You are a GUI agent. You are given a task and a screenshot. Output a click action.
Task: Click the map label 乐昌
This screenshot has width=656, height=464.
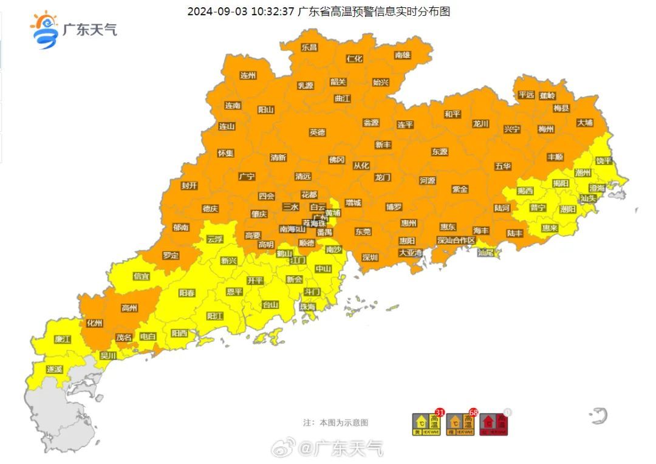tap(309, 47)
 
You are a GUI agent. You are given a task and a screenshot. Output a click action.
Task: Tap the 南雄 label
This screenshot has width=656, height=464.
tap(403, 55)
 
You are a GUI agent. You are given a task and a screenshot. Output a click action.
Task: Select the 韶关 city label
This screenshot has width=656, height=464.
tap(338, 82)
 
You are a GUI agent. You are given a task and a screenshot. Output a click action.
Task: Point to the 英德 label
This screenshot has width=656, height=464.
tap(317, 132)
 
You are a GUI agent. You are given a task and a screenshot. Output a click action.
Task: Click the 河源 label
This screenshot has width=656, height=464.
tap(428, 180)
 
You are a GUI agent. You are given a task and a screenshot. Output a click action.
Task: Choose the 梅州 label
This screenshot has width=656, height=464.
tap(546, 129)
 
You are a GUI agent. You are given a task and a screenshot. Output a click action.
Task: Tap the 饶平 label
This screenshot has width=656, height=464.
tap(604, 161)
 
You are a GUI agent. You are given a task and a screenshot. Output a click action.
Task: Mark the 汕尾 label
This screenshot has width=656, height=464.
tap(486, 252)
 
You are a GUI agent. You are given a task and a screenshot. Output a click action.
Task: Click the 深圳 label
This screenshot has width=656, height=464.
tap(370, 257)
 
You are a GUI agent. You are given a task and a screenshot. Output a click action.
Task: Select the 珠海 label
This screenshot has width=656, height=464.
tap(307, 307)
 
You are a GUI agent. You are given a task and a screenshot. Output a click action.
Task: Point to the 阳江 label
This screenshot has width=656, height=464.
tap(215, 316)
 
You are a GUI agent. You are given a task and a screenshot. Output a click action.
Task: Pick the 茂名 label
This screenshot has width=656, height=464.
tap(124, 337)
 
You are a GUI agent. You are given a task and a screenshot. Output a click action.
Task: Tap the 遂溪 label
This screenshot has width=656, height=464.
tap(54, 369)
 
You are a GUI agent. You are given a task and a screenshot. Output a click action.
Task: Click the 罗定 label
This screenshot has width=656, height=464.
tap(171, 255)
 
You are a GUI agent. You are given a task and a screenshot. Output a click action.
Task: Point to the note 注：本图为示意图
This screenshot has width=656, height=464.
tap(335, 423)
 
